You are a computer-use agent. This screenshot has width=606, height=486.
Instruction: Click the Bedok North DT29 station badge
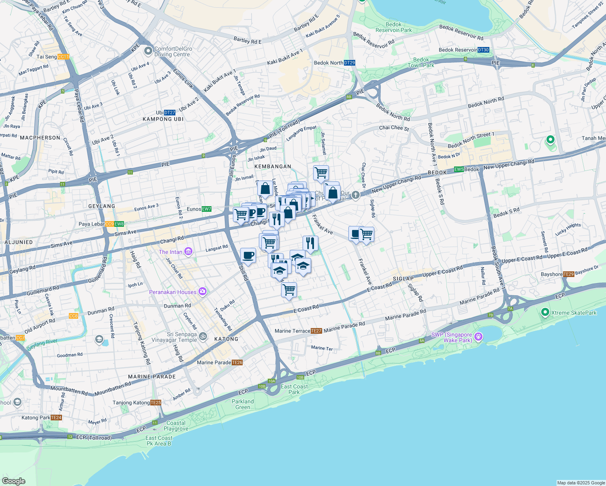[349, 63]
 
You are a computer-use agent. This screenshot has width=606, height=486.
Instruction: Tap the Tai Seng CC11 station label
[63, 57]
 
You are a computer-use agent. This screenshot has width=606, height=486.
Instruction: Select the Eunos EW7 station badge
[207, 209]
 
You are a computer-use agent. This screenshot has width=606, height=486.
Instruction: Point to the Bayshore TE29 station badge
[568, 274]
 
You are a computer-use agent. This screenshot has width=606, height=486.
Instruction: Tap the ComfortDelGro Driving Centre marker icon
[148, 51]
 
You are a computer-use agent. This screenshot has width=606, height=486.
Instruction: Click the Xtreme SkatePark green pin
[545, 312]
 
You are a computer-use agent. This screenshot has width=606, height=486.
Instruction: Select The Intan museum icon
[188, 252]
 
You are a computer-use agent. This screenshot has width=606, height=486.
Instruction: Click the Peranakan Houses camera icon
[203, 292]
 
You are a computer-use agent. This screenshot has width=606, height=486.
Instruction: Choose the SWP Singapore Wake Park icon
[478, 337]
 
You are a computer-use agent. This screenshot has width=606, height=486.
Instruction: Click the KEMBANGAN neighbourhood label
[273, 166]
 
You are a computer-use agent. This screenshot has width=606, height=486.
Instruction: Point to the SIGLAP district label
[403, 279]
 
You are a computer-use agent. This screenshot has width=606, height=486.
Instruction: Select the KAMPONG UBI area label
[163, 119]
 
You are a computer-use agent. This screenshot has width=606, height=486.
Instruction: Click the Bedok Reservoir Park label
[393, 27]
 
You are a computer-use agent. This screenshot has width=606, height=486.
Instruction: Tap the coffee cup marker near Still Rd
[248, 256]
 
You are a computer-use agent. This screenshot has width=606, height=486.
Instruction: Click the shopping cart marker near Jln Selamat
[321, 173]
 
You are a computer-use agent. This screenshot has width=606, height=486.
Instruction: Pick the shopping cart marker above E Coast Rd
[289, 290]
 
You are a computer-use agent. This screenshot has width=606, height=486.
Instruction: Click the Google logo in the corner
[14, 481]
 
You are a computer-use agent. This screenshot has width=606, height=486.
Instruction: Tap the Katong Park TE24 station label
[41, 418]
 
